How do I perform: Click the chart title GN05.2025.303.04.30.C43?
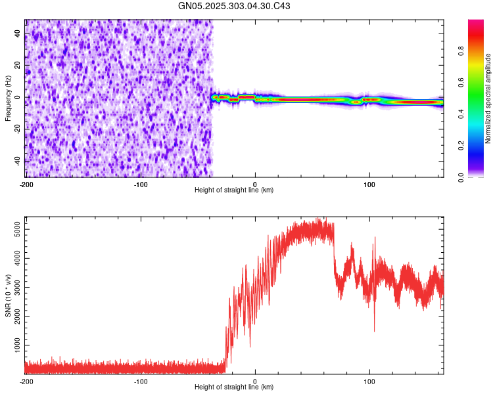(x=235, y=6)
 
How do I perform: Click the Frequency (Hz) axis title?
(x=8, y=97)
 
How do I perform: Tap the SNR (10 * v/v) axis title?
(x=8, y=295)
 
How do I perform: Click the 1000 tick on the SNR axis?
(x=14, y=345)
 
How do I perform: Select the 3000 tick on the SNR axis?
(x=14, y=286)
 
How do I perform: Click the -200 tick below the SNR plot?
(x=26, y=381)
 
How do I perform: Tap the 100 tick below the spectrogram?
(x=369, y=184)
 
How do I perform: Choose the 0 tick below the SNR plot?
(x=255, y=381)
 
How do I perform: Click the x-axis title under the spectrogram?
(x=234, y=190)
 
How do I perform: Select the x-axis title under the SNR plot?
(x=234, y=387)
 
